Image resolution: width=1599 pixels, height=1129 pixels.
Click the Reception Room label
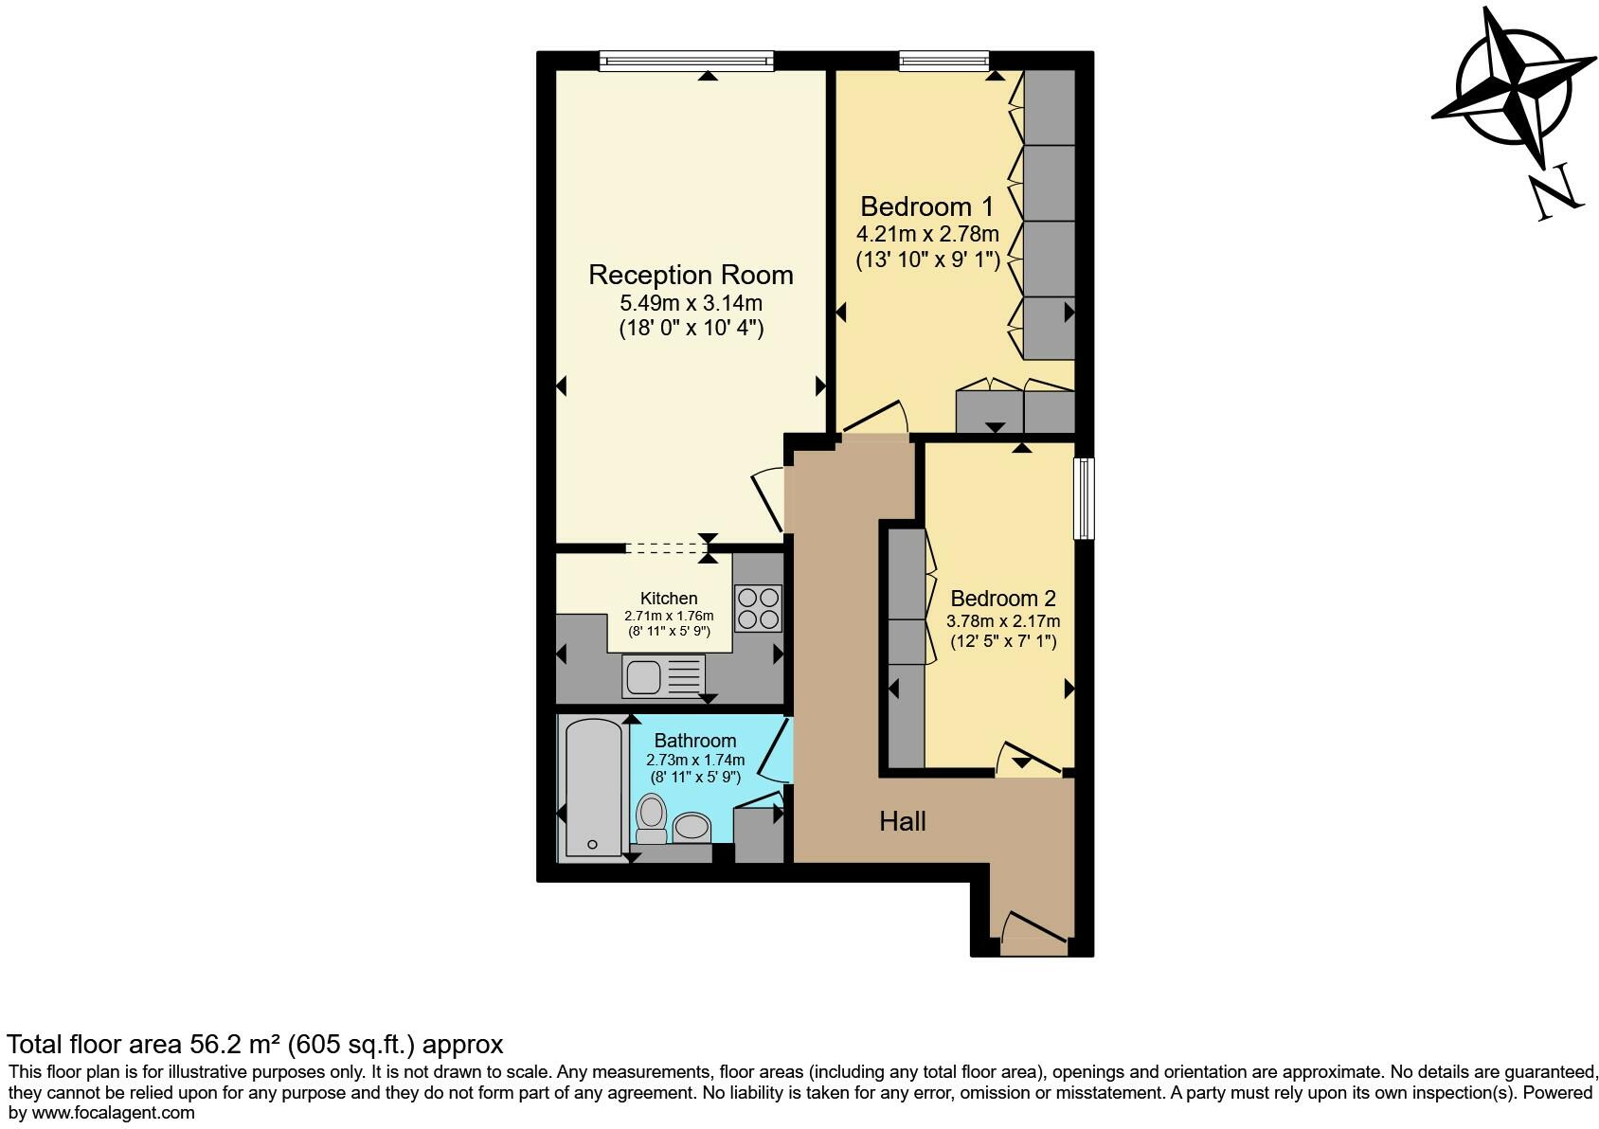691,275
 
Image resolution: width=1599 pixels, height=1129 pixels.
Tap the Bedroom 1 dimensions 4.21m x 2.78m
927,234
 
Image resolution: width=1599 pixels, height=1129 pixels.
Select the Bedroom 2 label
1002,599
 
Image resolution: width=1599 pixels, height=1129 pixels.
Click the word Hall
902,821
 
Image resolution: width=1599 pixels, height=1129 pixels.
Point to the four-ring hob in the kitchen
758,608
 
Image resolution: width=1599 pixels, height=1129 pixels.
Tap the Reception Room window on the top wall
687,62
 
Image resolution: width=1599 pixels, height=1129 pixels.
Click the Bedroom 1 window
943,62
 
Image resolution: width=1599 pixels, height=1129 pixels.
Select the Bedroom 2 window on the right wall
1084,498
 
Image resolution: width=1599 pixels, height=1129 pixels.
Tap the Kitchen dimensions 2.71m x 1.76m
669,616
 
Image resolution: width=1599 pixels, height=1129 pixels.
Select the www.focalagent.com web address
113,1113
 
